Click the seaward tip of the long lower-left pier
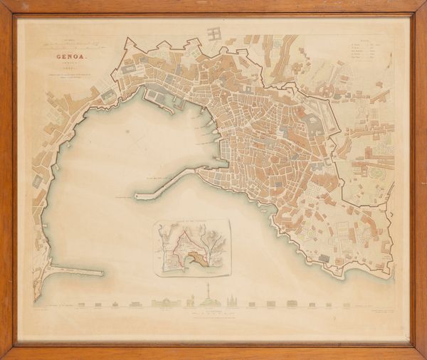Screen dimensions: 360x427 101,272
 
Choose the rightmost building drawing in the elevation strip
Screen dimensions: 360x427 346,305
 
